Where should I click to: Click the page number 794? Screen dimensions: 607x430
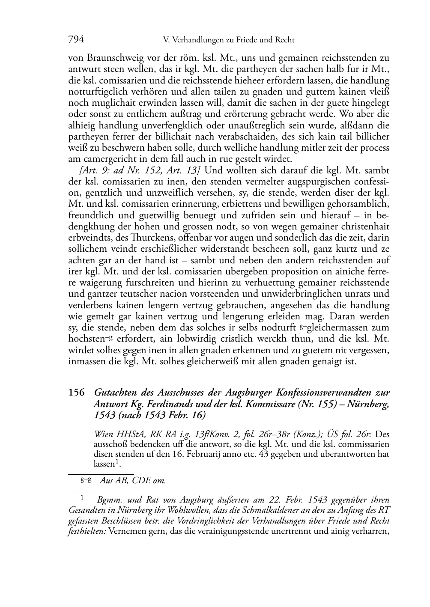tap(76, 40)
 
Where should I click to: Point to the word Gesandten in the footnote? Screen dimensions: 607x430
tap(85, 510)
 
